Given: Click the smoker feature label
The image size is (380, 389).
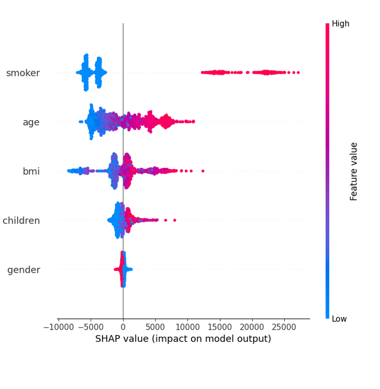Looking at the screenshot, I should (23, 73).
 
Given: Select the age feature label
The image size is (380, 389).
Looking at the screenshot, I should (31, 122).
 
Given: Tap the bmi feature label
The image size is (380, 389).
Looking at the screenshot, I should (31, 171).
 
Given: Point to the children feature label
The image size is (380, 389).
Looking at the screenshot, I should (21, 220).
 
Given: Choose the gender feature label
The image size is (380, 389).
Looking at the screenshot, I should (24, 270).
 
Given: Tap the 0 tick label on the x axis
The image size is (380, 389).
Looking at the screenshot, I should (123, 327).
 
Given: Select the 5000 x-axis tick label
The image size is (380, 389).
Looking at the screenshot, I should (155, 327).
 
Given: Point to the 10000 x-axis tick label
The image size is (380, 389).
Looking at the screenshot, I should (188, 327).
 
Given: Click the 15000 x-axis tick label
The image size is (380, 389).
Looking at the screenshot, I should (220, 327).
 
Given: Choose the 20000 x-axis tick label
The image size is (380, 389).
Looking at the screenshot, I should (252, 327).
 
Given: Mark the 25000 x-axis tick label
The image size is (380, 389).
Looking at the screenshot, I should (285, 327).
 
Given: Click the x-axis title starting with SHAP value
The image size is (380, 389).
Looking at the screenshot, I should (183, 339).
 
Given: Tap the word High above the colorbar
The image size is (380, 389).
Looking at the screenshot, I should (340, 24).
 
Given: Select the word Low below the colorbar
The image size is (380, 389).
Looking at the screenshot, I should (340, 319).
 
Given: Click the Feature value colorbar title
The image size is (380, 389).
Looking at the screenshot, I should (354, 171).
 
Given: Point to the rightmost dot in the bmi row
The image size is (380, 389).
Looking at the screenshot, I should (203, 171).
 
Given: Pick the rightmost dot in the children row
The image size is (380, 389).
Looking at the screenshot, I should (174, 220).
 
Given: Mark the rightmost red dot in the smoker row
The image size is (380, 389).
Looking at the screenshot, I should (298, 72).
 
